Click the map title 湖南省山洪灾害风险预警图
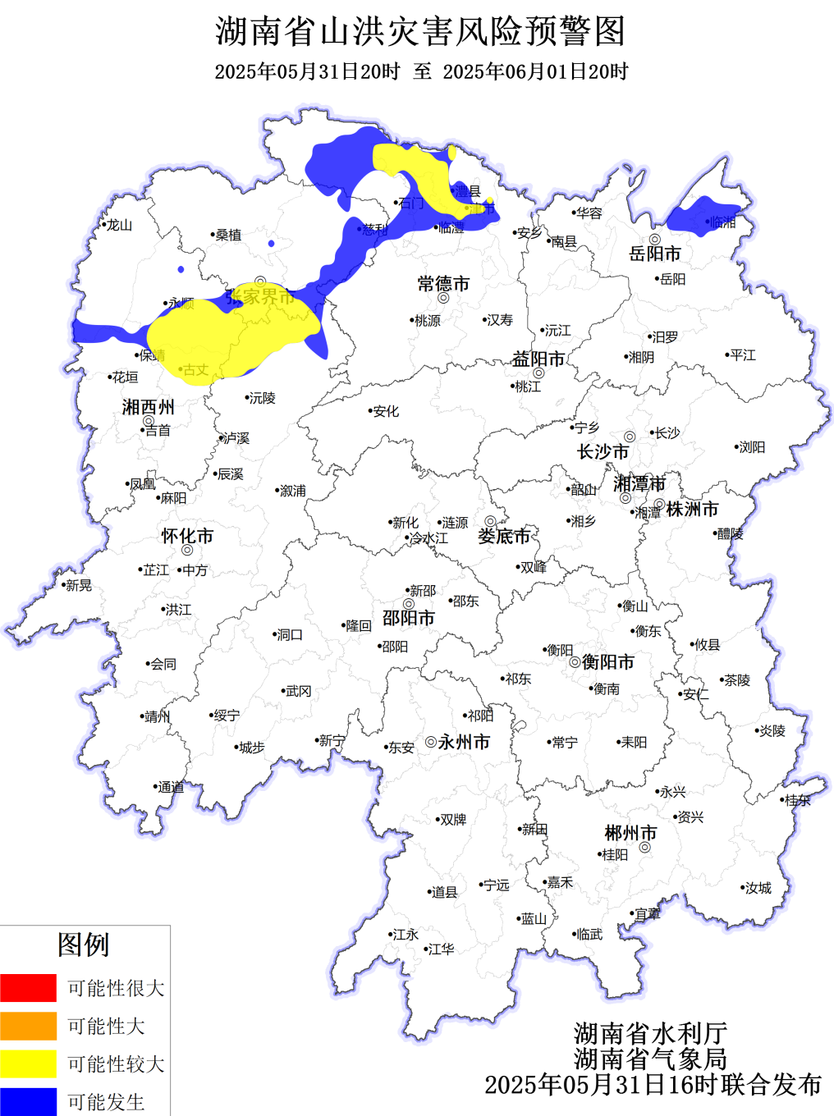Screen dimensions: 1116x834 click(x=420, y=32)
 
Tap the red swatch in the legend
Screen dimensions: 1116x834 click(x=29, y=988)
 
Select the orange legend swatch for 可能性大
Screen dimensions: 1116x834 click(x=29, y=1026)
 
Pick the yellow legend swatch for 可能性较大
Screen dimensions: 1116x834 click(x=29, y=1063)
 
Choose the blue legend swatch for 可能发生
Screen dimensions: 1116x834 click(x=29, y=1101)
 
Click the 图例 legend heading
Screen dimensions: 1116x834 click(x=83, y=944)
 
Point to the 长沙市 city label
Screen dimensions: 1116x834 click(x=603, y=452)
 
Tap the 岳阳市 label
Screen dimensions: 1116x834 click(x=655, y=254)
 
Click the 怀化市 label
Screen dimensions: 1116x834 click(x=187, y=537)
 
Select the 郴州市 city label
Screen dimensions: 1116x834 click(x=630, y=833)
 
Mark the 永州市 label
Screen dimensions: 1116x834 click(x=464, y=742)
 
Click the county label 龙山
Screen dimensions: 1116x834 click(x=120, y=225)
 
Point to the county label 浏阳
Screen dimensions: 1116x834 click(x=752, y=447)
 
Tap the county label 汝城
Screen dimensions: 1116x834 click(x=758, y=888)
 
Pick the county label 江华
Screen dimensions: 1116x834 click(x=442, y=949)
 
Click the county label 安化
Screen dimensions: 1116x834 click(x=386, y=411)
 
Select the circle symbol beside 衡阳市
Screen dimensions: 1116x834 click(x=575, y=662)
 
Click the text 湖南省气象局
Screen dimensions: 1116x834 click(x=650, y=1059)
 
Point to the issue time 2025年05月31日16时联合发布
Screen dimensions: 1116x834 click(x=653, y=1085)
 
